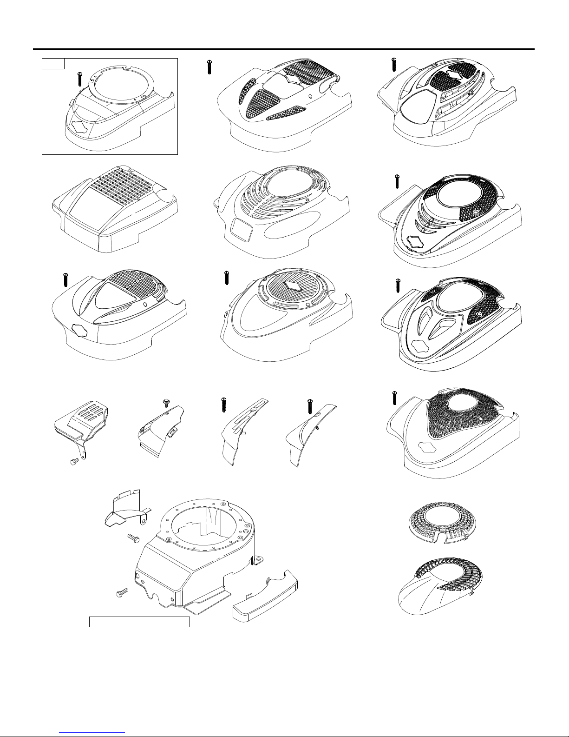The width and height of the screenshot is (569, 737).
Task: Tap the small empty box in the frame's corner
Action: pyautogui.click(x=52, y=63)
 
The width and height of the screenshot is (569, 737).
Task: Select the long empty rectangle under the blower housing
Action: pyautogui.click(x=139, y=622)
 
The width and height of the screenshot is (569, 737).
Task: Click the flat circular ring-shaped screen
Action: pyautogui.click(x=441, y=523)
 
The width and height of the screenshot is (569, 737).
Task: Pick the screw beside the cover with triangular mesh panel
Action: pyautogui.click(x=209, y=66)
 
